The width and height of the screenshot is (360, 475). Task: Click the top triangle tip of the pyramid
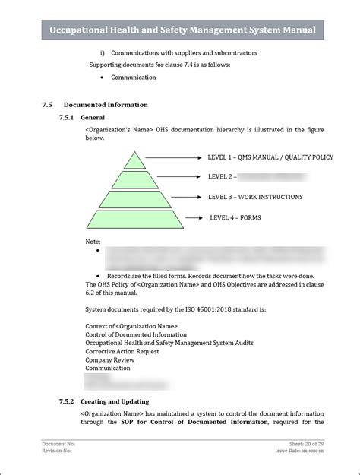coord(135,161)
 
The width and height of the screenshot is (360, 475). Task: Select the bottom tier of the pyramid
coord(135,219)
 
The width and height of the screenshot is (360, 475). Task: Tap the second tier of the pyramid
coord(135,179)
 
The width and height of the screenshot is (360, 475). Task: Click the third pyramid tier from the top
coord(135,199)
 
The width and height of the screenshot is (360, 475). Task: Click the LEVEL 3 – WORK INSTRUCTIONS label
coord(255,197)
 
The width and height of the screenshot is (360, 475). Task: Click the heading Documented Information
coord(106,104)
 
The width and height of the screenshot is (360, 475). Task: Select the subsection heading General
coord(93,118)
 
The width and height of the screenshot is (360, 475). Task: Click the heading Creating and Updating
coord(115,401)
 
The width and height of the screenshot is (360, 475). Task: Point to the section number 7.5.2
coord(67,401)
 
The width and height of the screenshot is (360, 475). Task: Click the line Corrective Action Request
coord(122,351)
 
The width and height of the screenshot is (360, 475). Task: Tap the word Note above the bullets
coord(93,241)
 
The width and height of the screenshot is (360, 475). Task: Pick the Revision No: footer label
coord(57,451)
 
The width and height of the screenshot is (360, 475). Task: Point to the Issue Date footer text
coord(300,451)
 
